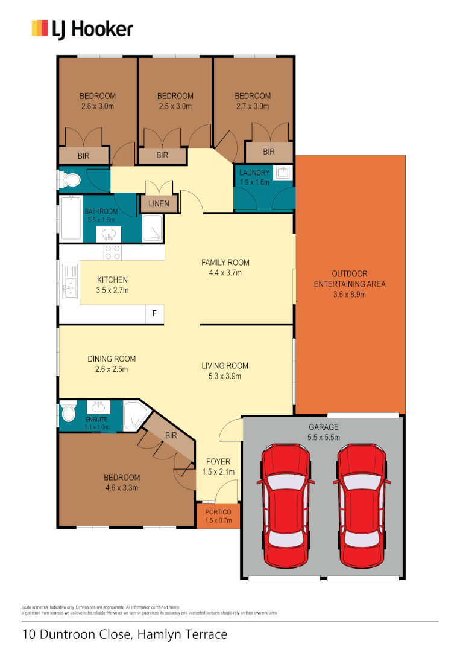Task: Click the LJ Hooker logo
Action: click(82, 29)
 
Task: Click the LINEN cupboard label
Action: click(159, 204)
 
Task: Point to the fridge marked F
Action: click(155, 314)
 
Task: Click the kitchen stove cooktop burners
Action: click(112, 252)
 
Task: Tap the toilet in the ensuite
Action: click(68, 414)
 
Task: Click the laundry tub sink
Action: click(283, 173)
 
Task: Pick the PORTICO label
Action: click(218, 512)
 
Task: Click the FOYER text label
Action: click(218, 462)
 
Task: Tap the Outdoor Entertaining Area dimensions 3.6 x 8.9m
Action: click(350, 295)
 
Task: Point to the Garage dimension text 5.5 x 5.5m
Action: click(324, 437)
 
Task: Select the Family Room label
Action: click(225, 263)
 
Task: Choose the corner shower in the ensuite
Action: click(134, 416)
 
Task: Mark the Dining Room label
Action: click(112, 359)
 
